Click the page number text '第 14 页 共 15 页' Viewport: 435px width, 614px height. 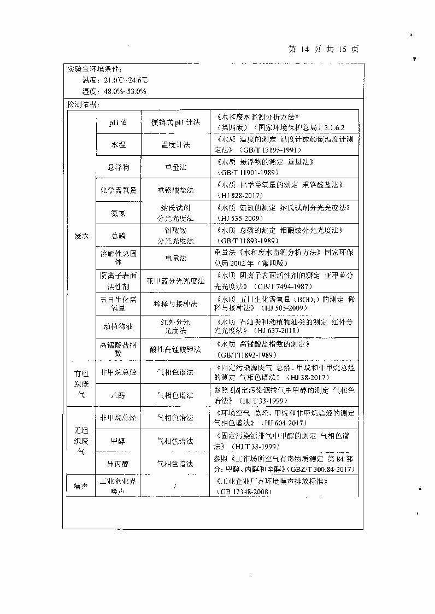point(323,49)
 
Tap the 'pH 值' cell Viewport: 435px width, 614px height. point(117,122)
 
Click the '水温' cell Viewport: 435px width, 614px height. point(118,145)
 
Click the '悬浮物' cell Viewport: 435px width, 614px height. point(118,167)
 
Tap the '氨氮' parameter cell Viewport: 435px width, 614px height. point(118,213)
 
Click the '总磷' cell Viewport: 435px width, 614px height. point(118,236)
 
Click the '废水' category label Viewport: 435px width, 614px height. point(81,236)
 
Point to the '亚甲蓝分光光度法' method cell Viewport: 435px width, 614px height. point(175,281)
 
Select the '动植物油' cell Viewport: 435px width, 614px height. point(118,326)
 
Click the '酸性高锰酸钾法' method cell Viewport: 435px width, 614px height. point(175,349)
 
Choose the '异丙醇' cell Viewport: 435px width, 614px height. point(118,464)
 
